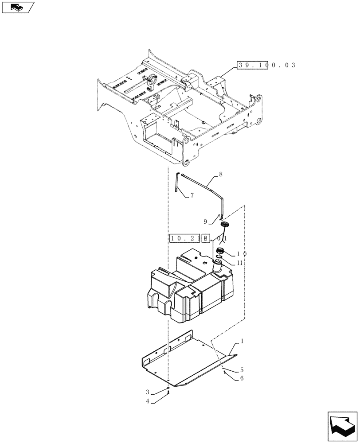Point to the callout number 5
coord(242,369)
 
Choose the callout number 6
coord(242,378)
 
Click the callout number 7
coord(192,195)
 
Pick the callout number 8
coord(220,175)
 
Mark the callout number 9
coord(206,221)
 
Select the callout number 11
coord(239,263)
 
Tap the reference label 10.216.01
coord(198,238)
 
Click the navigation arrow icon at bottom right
coord(342,425)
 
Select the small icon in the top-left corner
coord(18,8)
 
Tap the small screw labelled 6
coord(226,373)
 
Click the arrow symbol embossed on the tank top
coord(205,263)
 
